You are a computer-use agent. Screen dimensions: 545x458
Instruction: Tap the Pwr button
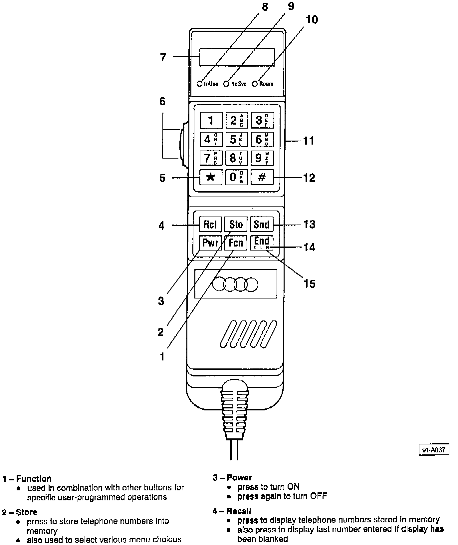[210, 243]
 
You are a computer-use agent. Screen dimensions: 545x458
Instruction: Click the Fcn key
[236, 243]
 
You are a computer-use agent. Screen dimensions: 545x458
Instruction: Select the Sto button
[236, 224]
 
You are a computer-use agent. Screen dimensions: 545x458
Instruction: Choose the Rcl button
[210, 224]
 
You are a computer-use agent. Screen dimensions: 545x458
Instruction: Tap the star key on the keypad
[210, 177]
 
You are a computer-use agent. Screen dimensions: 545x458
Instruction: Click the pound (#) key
[262, 177]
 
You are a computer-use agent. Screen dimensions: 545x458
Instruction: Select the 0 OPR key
[236, 177]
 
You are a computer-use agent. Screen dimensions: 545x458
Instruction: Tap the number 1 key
[211, 120]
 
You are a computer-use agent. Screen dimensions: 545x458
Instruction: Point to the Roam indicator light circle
[255, 84]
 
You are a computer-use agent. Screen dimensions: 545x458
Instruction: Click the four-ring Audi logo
[235, 284]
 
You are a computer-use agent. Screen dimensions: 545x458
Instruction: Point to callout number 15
[310, 283]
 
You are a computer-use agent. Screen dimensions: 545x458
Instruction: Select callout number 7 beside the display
[163, 57]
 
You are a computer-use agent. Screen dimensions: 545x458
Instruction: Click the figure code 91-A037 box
[434, 450]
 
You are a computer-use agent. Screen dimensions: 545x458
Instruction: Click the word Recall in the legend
[239, 511]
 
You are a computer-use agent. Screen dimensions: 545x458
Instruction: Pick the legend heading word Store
[27, 512]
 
